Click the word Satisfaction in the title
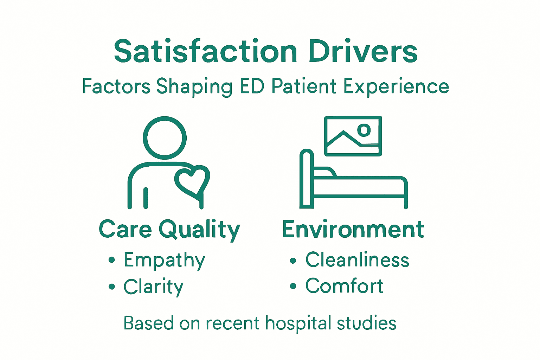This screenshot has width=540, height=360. pyautogui.click(x=206, y=52)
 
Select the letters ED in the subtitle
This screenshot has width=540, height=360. pyautogui.click(x=252, y=86)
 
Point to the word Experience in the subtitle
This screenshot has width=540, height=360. pyautogui.click(x=396, y=87)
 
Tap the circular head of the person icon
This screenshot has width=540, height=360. pyautogui.click(x=165, y=138)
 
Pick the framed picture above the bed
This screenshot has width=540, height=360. pyautogui.click(x=353, y=136)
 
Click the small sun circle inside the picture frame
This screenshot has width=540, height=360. pyautogui.click(x=364, y=130)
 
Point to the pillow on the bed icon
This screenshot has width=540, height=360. pyautogui.click(x=324, y=172)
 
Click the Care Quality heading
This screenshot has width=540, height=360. pyautogui.click(x=169, y=230)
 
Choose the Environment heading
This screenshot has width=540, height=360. pyautogui.click(x=353, y=230)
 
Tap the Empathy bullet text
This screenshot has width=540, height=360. pyautogui.click(x=164, y=261)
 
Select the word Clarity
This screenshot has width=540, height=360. pyautogui.click(x=153, y=287)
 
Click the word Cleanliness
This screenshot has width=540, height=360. pyautogui.click(x=357, y=260)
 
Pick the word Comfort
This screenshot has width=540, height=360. pyautogui.click(x=344, y=286)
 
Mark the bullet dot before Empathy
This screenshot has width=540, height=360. pyautogui.click(x=112, y=260)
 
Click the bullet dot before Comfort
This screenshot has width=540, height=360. pyautogui.click(x=293, y=287)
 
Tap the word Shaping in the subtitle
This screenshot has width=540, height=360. pyautogui.click(x=194, y=87)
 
